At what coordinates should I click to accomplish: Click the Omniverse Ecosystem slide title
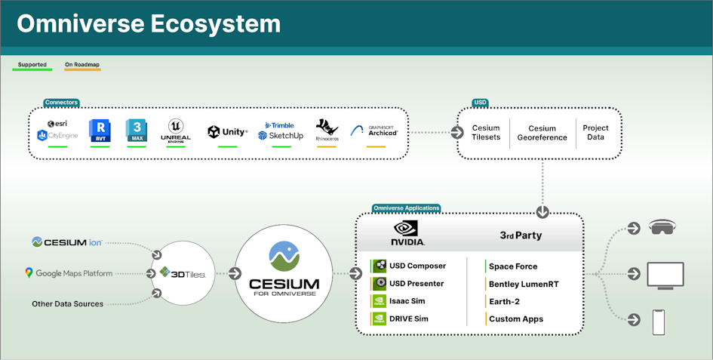click(149, 24)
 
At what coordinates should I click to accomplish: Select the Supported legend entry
click(32, 65)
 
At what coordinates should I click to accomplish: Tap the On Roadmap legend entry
click(82, 65)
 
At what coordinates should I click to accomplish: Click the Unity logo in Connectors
click(227, 132)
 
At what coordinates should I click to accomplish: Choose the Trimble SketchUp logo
click(280, 131)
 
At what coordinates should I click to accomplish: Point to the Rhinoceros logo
click(327, 131)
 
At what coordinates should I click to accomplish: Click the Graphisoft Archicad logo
click(376, 131)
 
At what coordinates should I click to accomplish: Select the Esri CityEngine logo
click(57, 131)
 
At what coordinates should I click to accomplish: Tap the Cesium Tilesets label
click(486, 133)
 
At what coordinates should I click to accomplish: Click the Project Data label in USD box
click(595, 133)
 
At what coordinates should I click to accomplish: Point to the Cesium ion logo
click(67, 242)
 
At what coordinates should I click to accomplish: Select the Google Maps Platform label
click(68, 273)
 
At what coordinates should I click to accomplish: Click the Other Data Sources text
click(67, 303)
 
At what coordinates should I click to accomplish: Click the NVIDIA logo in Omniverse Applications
click(408, 233)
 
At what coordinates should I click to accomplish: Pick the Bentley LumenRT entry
click(523, 284)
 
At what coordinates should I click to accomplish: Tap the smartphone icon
click(659, 322)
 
